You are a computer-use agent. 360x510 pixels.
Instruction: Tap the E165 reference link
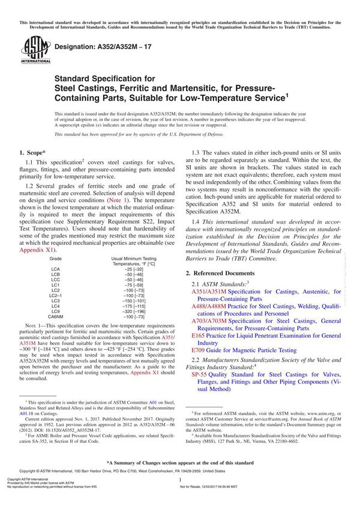[x=198, y=336]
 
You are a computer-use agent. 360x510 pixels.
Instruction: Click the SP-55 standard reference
[x=199, y=374]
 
